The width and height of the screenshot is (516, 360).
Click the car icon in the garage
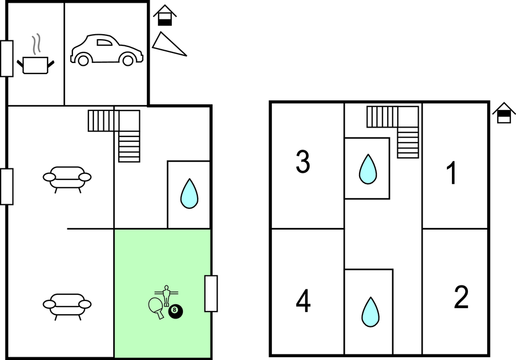coord(107,50)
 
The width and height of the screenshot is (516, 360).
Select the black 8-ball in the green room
coord(176,311)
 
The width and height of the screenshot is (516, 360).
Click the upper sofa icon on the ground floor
coord(67,178)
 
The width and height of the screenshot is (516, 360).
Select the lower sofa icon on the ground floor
coord(67,305)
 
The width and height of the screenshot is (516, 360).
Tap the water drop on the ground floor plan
coord(189,193)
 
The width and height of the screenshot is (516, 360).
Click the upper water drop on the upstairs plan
coord(367,169)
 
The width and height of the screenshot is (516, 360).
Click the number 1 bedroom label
coord(451,173)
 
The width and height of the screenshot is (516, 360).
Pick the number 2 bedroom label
coord(461,298)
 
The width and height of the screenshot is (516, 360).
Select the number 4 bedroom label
coord(303,301)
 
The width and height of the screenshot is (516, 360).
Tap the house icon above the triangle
coord(165,15)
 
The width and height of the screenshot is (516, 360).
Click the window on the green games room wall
coord(210,293)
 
